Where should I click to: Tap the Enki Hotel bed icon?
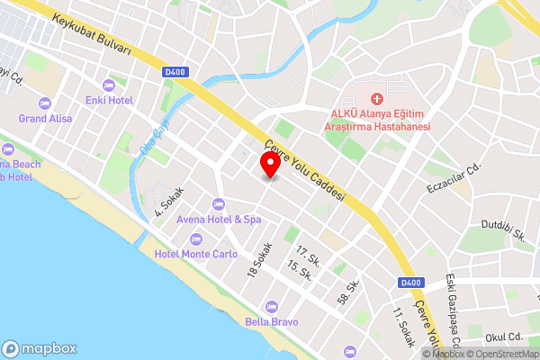point(109,85)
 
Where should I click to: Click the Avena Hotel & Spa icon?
point(218,203)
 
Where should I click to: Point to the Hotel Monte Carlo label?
point(196,254)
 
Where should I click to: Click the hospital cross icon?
point(376,96)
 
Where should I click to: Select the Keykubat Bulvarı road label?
point(92,34)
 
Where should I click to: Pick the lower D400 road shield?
point(409,283)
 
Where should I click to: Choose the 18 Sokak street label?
point(259,259)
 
